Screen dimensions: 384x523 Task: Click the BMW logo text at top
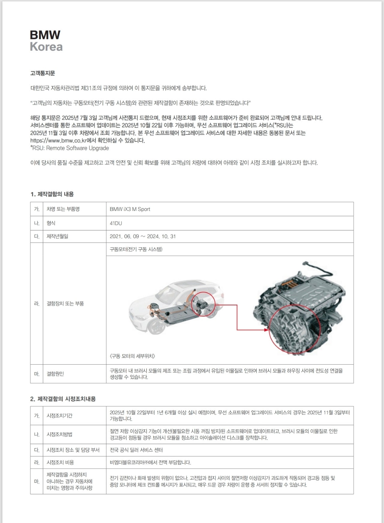(45, 35)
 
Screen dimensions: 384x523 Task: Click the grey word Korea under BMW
(46, 47)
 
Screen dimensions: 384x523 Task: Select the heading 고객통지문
(43, 73)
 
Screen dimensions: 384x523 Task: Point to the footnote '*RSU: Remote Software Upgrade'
(70, 148)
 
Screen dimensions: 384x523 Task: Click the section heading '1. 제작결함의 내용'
(52, 194)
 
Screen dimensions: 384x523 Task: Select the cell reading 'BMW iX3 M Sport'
(130, 209)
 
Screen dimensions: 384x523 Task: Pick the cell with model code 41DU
(116, 223)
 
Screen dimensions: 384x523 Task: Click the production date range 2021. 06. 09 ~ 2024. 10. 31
(143, 236)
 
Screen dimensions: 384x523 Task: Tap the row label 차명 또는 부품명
(63, 209)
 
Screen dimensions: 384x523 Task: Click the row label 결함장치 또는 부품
(65, 304)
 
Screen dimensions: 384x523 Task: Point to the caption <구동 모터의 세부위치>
(132, 356)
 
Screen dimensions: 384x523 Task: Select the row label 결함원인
(55, 374)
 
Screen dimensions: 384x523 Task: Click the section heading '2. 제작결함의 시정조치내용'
(63, 399)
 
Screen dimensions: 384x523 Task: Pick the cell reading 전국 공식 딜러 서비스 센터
(136, 450)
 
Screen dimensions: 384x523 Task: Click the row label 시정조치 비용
(60, 462)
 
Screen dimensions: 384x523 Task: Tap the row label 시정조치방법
(59, 434)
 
